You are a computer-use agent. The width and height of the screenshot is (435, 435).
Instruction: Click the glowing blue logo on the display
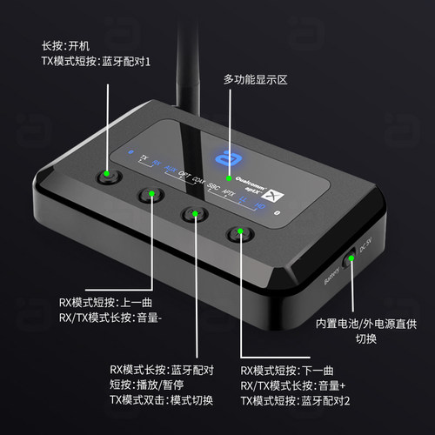(229, 154)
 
